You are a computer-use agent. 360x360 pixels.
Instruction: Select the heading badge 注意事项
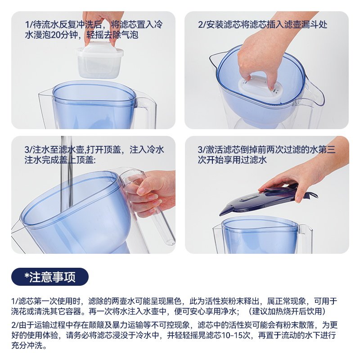[50, 277]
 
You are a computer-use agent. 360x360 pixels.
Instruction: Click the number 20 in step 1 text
[55, 35]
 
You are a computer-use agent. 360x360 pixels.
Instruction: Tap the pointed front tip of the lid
[220, 215]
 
